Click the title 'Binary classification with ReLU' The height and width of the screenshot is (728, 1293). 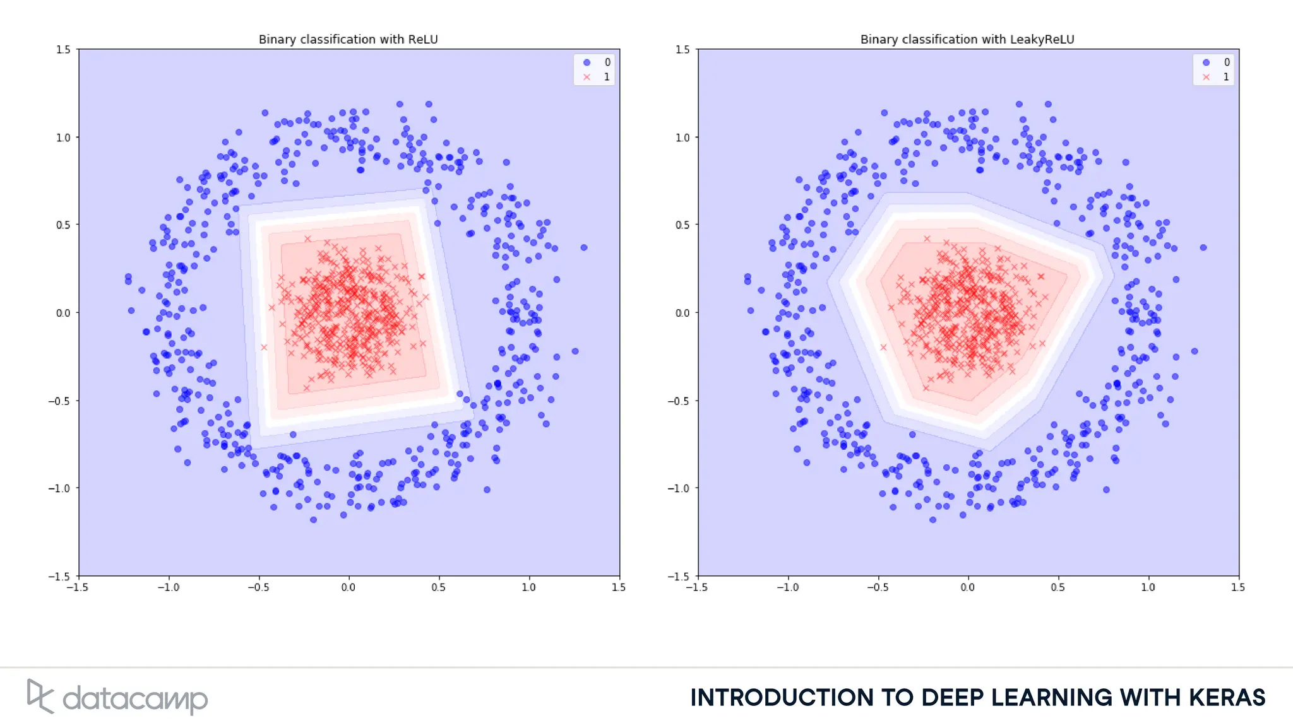pos(348,39)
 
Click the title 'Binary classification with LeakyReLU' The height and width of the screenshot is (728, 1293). pos(967,39)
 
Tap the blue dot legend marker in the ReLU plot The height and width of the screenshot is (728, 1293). pos(587,62)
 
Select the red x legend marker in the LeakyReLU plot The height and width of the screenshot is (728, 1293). pos(1206,77)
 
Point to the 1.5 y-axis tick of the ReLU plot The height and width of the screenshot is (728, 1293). pos(63,49)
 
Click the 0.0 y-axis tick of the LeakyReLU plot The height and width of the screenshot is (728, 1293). pos(682,313)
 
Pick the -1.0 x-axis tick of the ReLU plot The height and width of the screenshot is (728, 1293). pos(168,587)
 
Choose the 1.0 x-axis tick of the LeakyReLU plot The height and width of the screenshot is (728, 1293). pos(1148,587)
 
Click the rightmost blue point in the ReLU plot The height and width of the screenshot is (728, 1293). pos(584,248)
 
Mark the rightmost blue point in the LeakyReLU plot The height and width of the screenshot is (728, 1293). pos(1203,248)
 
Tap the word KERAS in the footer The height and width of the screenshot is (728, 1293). pos(1227,698)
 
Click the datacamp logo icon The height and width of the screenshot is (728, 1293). pos(39,696)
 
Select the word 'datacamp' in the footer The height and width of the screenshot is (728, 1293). pos(135,700)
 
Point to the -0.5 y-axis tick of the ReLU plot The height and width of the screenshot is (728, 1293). pos(61,401)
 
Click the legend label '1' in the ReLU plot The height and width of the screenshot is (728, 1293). pos(607,77)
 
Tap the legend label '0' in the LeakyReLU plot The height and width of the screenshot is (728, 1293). pos(1227,62)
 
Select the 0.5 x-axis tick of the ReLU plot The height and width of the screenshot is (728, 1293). pos(438,587)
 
